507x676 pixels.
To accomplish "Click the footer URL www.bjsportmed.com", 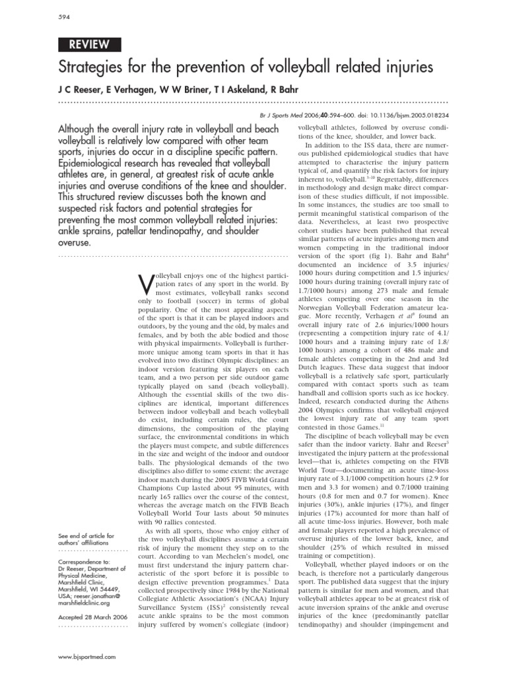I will [87, 657].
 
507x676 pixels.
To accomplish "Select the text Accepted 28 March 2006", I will [92, 617].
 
